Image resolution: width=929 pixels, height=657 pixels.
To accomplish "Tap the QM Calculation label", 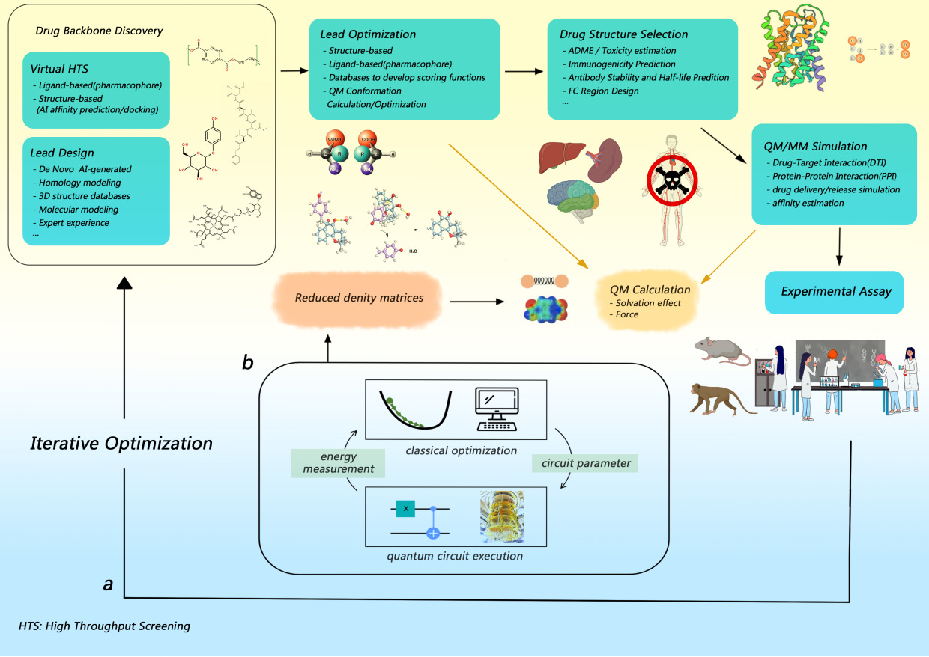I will [x=650, y=290].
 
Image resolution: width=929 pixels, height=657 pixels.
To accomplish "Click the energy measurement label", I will [x=338, y=463].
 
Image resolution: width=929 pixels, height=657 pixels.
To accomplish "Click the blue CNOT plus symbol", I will [x=432, y=534].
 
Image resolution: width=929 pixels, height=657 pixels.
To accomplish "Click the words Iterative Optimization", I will [x=121, y=443].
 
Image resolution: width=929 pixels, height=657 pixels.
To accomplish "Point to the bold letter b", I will [x=247, y=363].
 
